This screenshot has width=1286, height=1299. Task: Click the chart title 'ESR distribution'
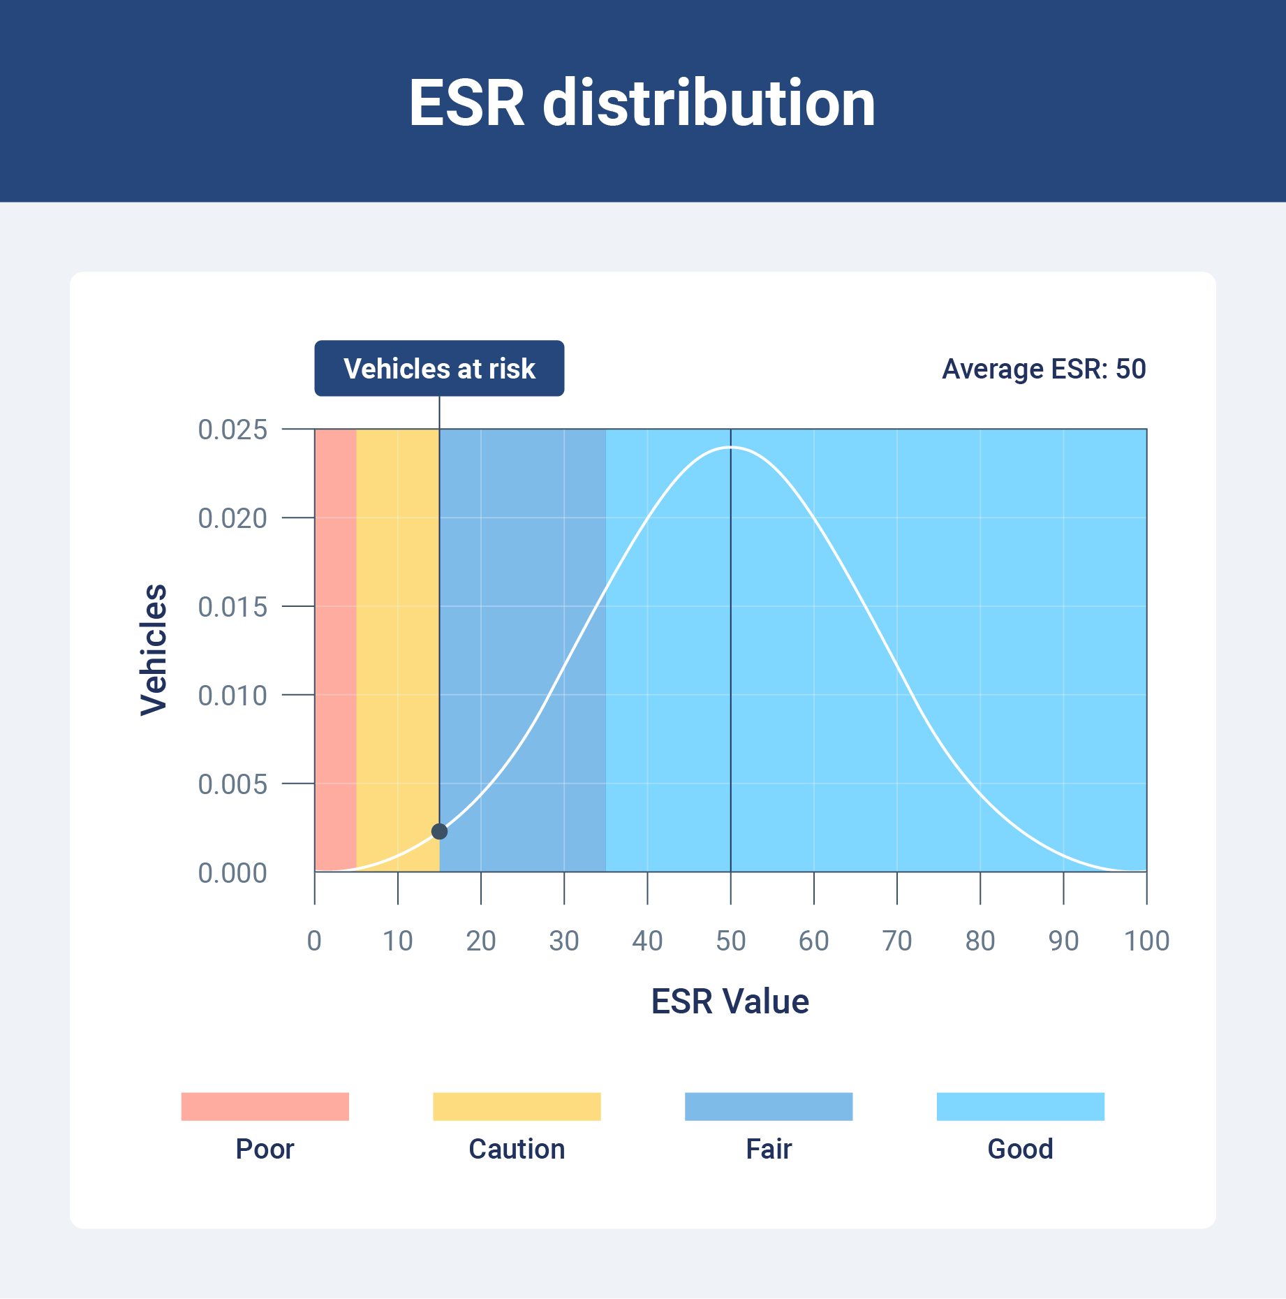click(642, 103)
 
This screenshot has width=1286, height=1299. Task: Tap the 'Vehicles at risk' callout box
click(439, 369)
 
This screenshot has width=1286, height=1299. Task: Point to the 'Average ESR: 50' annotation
click(1044, 369)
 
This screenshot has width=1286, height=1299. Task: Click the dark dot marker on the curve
click(439, 831)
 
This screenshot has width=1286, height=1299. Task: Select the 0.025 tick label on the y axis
click(232, 430)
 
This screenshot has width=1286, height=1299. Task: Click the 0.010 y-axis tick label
click(232, 696)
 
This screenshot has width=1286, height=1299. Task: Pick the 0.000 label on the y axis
click(232, 873)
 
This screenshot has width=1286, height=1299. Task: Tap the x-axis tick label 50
click(730, 941)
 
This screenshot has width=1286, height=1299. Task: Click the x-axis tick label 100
click(1146, 941)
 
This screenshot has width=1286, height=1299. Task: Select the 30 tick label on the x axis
click(564, 941)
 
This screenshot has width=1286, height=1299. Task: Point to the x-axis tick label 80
click(980, 941)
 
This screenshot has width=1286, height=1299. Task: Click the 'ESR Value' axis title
click(730, 1001)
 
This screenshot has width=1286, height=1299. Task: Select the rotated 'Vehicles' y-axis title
click(154, 650)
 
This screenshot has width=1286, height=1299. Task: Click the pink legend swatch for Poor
click(265, 1106)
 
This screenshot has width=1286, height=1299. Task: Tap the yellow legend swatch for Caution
click(517, 1106)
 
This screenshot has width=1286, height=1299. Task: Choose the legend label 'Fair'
click(769, 1149)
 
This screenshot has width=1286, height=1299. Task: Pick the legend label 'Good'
click(1020, 1149)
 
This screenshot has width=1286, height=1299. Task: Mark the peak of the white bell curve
click(730, 447)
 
